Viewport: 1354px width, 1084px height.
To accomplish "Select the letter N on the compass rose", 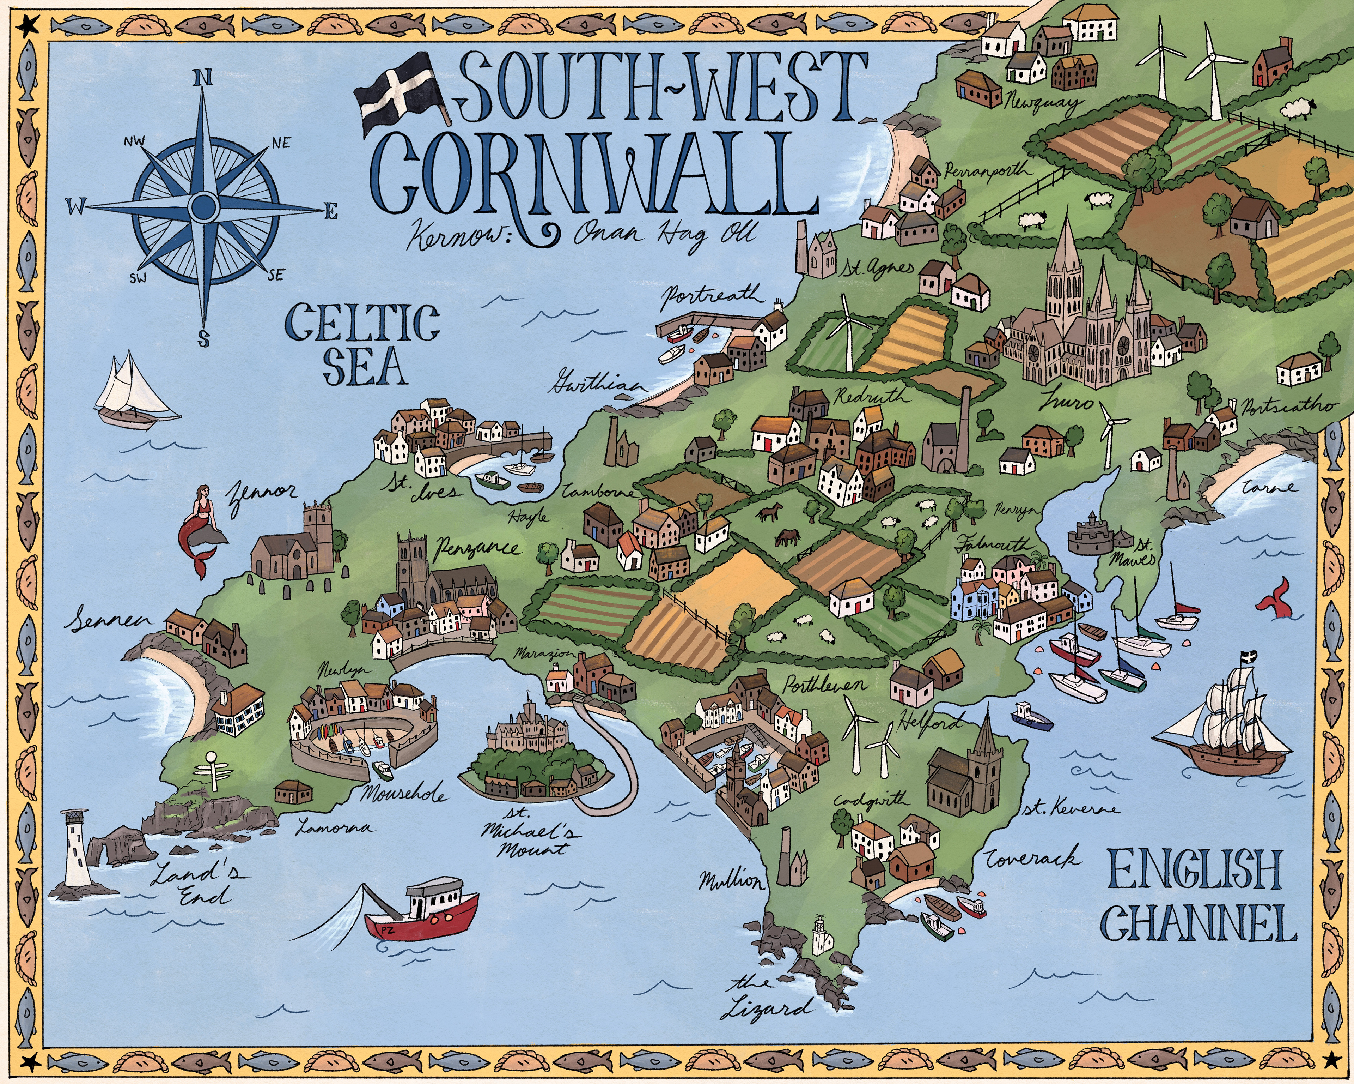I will pos(202,78).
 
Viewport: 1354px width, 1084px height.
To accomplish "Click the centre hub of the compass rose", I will pos(203,205).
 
